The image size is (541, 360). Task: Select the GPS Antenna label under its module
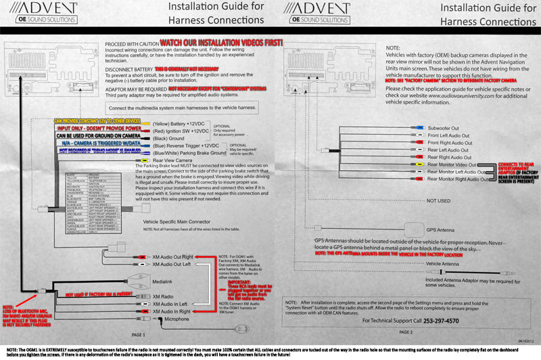[x=442, y=211]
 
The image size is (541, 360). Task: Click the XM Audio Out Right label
[x=173, y=257]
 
